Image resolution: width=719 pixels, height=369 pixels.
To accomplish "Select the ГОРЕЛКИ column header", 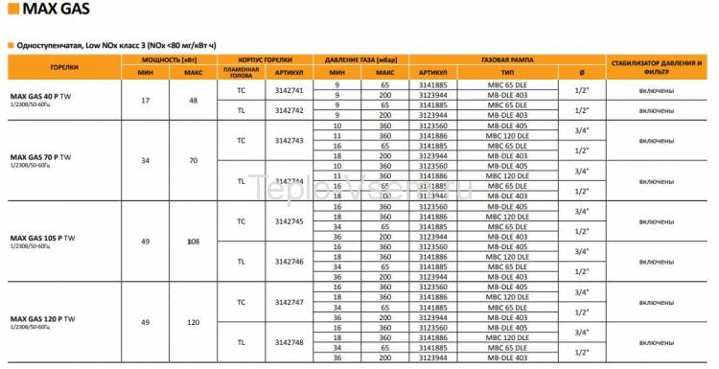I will [x=64, y=68].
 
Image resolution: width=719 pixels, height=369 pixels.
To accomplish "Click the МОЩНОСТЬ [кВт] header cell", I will [x=168, y=59].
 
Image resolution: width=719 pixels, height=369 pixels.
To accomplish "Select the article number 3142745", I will [x=289, y=220].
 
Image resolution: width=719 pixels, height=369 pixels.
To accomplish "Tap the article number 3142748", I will [x=289, y=342].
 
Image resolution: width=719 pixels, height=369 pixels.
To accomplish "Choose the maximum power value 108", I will [x=194, y=242].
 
